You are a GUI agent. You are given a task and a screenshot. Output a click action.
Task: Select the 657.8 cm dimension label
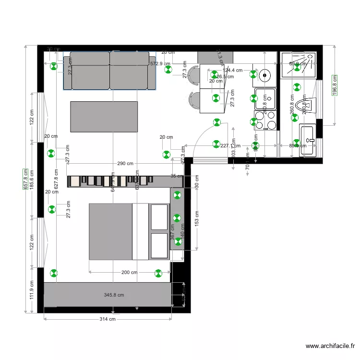pos(26,179)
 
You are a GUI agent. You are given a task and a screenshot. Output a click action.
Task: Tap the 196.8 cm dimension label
pos(335,85)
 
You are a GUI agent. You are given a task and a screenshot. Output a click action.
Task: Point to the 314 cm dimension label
pos(108,319)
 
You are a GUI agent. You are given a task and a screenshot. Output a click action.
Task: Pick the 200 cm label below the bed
pos(129,273)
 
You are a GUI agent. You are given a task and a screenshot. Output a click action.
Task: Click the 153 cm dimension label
pos(197,219)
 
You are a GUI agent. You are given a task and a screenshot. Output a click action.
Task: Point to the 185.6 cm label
pos(32,180)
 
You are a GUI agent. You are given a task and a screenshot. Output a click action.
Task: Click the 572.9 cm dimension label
pos(160,63)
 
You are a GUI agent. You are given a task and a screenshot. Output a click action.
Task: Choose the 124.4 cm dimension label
pos(232,70)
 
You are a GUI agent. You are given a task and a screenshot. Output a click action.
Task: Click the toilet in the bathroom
pos(305,104)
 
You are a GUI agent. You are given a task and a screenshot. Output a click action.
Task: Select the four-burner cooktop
pos(265,121)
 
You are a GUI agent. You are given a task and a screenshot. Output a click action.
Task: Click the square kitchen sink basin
pos(265,99)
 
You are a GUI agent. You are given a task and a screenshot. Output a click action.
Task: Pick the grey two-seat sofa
pos(110,70)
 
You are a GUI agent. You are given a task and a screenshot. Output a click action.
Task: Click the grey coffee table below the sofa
pos(104,116)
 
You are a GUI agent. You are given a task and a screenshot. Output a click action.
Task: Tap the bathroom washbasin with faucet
pos(308,141)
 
